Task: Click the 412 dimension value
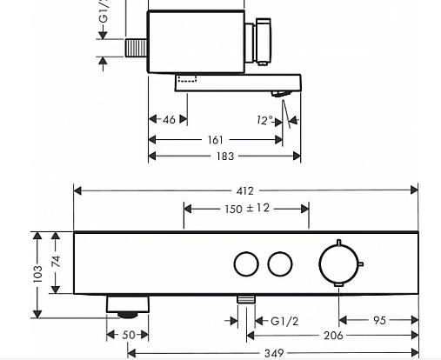click(x=245, y=191)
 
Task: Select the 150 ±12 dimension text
click(x=247, y=209)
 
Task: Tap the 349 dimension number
click(x=274, y=354)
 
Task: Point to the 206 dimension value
click(x=333, y=336)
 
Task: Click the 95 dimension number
click(x=379, y=321)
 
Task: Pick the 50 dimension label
click(x=129, y=335)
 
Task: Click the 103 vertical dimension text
click(x=37, y=274)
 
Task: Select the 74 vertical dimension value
click(x=56, y=262)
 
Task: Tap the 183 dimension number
click(x=225, y=157)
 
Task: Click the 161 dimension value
click(x=216, y=140)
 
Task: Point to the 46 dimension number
click(x=169, y=119)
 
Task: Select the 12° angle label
click(x=265, y=120)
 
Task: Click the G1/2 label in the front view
click(x=284, y=321)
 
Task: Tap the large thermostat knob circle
click(x=319, y=264)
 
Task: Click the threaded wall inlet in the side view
click(x=137, y=48)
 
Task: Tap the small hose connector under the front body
click(x=246, y=300)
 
